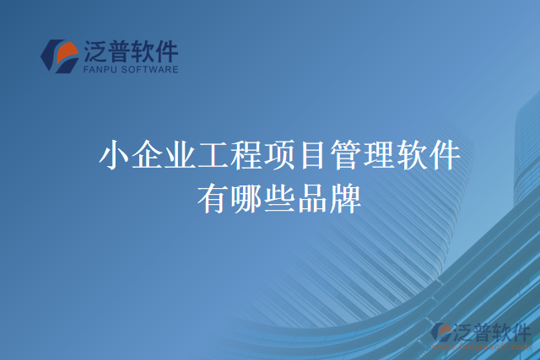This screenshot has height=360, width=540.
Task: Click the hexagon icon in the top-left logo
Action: pyautogui.click(x=60, y=56)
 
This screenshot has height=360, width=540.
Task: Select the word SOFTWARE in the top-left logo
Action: pyautogui.click(x=153, y=71)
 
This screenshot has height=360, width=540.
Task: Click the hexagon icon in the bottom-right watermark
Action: pyautogui.click(x=442, y=333)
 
